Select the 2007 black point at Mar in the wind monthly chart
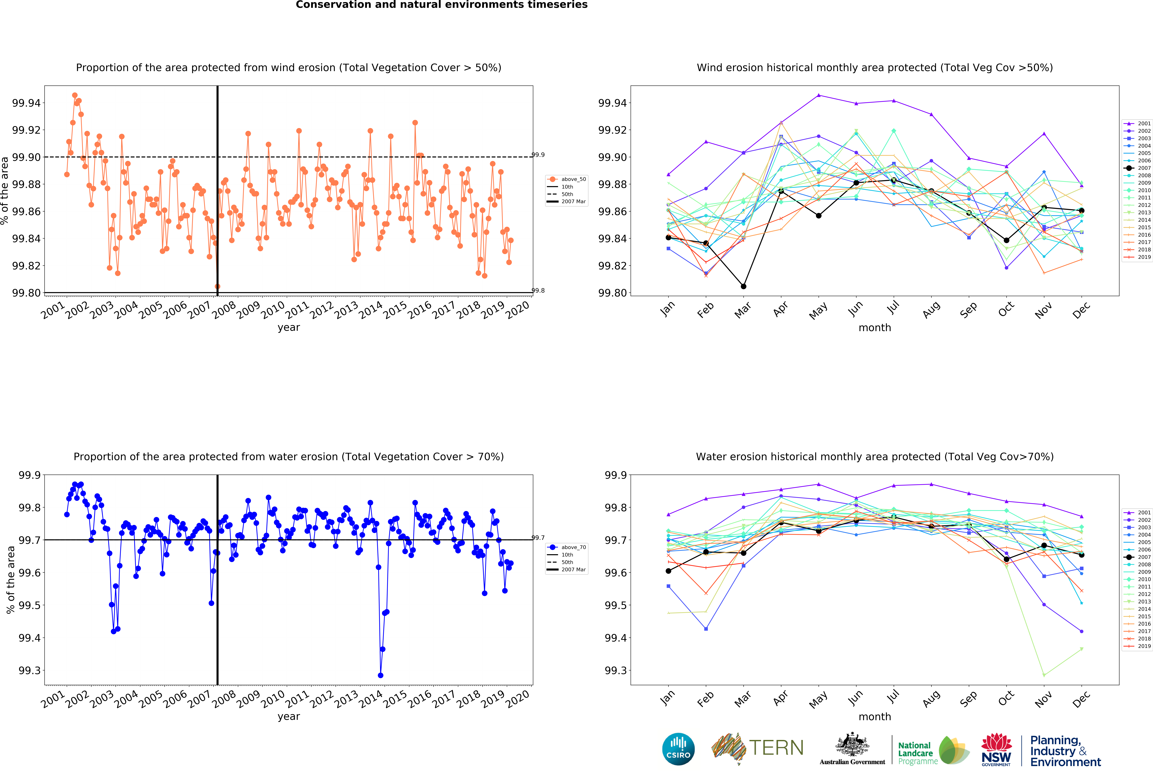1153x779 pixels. click(743, 286)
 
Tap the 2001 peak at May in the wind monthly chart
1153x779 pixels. click(819, 95)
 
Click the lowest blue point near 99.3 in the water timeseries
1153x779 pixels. click(381, 675)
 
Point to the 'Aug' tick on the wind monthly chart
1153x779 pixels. click(931, 309)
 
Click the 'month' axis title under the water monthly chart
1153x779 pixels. click(875, 716)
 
